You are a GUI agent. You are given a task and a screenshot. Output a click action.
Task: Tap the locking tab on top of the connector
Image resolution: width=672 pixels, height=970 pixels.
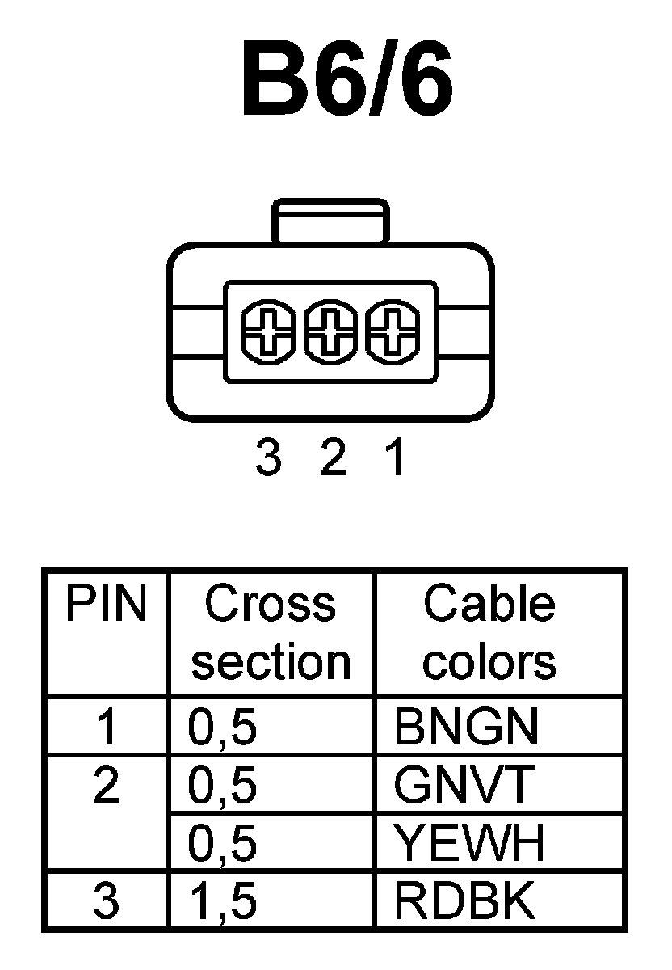(330, 221)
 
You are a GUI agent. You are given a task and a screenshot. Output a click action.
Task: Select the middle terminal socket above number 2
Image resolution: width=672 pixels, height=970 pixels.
(330, 332)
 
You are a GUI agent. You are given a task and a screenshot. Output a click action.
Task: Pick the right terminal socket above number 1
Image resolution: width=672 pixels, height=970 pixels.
(391, 332)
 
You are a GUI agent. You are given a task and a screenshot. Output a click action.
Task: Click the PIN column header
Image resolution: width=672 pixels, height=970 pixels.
(107, 605)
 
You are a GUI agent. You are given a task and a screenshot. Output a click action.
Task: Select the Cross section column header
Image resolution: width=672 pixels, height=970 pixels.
(271, 632)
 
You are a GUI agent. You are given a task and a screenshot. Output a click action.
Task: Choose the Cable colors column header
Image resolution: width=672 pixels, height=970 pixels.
(490, 632)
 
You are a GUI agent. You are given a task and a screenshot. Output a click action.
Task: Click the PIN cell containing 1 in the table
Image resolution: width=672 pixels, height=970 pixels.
(107, 727)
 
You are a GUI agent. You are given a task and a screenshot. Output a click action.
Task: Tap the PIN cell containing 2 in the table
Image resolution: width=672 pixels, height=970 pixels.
(107, 786)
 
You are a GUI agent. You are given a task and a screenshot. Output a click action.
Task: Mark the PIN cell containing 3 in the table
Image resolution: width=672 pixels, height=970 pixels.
(107, 902)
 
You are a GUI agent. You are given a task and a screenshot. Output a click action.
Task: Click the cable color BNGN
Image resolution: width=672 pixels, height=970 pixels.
(466, 727)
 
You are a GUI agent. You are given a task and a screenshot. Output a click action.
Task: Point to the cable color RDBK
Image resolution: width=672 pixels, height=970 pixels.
(464, 902)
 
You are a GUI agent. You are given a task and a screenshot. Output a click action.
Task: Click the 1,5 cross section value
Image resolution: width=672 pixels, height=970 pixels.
(223, 902)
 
